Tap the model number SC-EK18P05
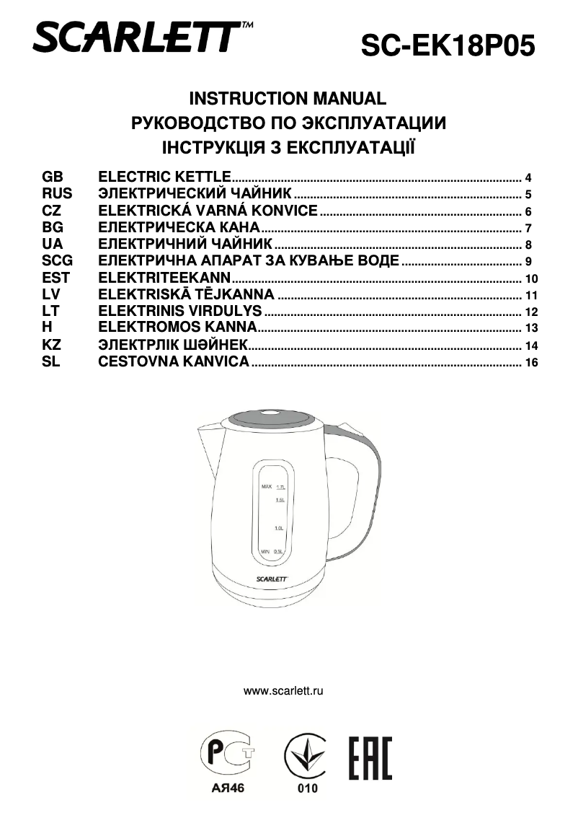(448, 46)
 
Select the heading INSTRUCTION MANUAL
(288, 99)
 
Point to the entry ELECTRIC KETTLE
(164, 177)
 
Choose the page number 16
(532, 363)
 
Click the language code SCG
(58, 261)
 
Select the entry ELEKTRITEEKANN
(164, 278)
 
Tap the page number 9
(528, 262)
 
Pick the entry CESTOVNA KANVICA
(174, 362)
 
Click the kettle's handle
(360, 491)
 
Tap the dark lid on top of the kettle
(272, 416)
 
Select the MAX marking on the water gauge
(266, 487)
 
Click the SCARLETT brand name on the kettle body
(272, 577)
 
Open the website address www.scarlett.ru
(283, 690)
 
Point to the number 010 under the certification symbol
(308, 788)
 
